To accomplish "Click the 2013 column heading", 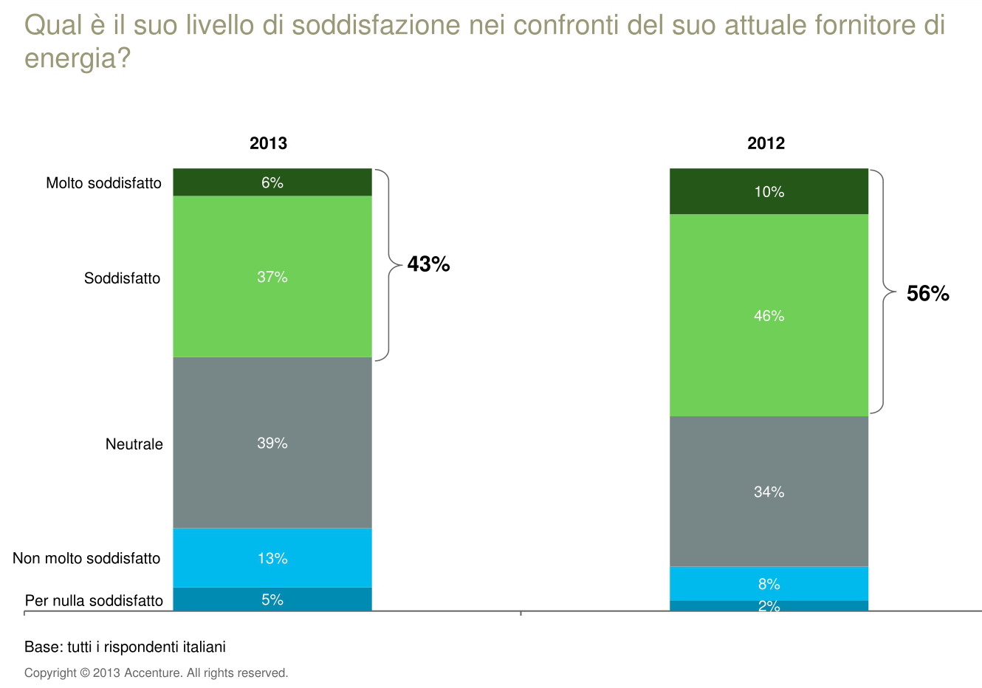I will point(268,143).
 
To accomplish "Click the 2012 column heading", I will point(766,143).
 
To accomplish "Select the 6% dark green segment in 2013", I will point(272,182).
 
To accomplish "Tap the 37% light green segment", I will point(272,277).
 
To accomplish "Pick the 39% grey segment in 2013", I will point(272,443).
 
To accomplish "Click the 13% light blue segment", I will point(272,558).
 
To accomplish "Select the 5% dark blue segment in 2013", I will point(272,599).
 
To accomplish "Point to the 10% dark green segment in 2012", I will point(769,192).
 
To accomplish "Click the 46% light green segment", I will point(769,316).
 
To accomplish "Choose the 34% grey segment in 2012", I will point(769,492).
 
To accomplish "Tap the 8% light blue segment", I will point(769,584).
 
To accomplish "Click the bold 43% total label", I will point(428,264).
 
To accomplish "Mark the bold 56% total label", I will point(927,294).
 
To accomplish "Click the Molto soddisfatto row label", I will point(103,183).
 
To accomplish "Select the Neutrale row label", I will point(134,444).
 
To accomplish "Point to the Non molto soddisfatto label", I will point(86,559).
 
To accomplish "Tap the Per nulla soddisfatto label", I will point(94,601).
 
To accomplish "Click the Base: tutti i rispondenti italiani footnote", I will point(125,647).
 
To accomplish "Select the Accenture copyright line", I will point(156,673).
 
